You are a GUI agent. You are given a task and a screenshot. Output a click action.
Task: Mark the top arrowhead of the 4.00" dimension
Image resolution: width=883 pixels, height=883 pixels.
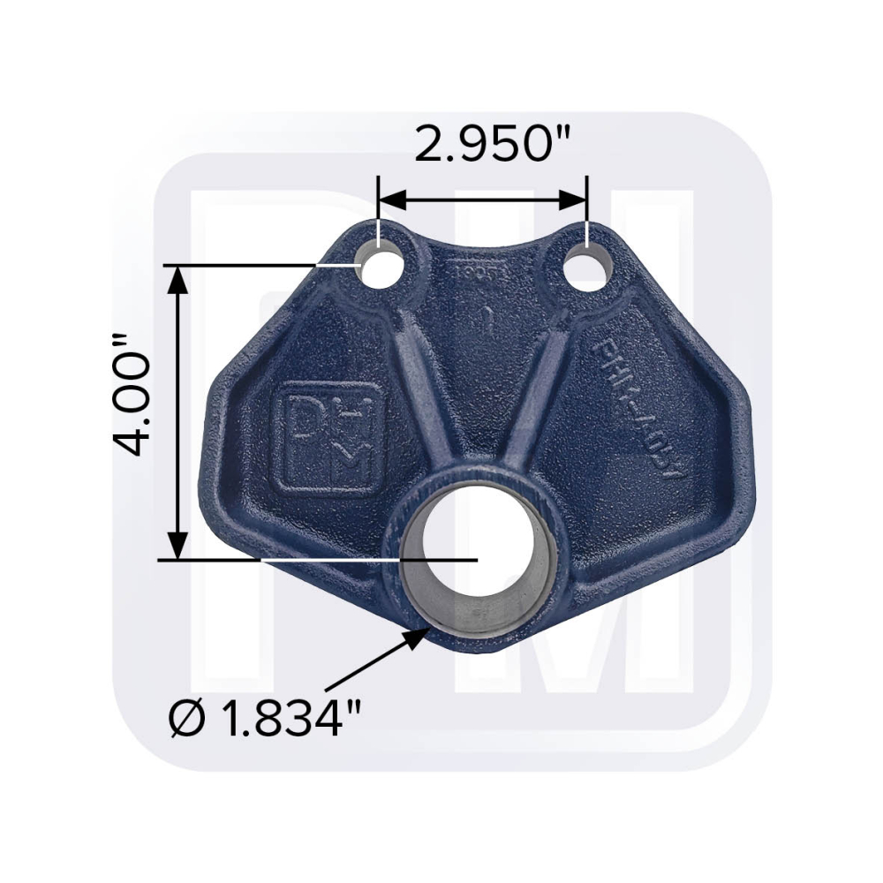[x=178, y=277]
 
